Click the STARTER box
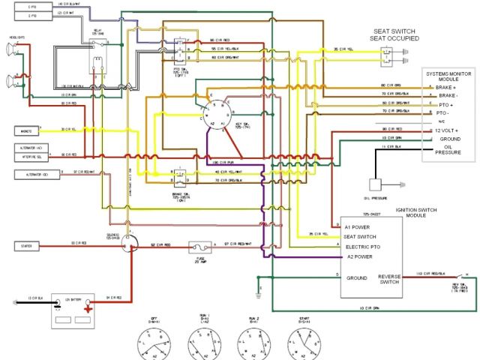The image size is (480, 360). click(x=25, y=246)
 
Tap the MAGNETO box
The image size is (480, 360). click(x=25, y=130)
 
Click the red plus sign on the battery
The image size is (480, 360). click(x=87, y=306)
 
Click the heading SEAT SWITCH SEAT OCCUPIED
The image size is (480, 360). click(x=396, y=35)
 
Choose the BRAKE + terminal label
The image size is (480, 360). click(x=445, y=88)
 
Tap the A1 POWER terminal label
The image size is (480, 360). click(x=358, y=226)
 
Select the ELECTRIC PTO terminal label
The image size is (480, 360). click(x=364, y=247)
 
